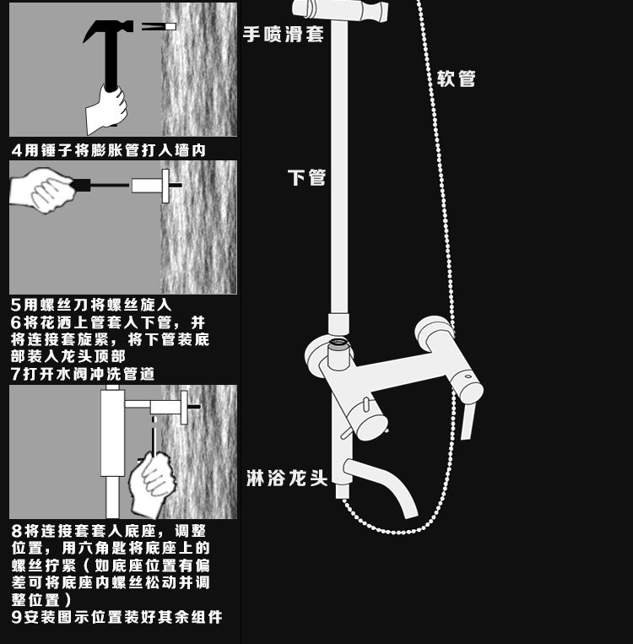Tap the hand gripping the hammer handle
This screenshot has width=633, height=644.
(108, 106)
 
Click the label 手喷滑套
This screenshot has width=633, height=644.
(283, 34)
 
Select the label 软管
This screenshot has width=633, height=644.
(457, 78)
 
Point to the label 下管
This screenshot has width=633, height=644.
(306, 177)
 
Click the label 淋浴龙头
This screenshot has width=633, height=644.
(286, 478)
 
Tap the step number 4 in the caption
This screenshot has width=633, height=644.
(16, 150)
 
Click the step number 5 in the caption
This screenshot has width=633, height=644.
(16, 305)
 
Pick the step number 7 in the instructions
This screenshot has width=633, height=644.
(16, 373)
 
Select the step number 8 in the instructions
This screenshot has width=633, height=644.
(16, 532)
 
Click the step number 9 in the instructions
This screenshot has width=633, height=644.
(16, 617)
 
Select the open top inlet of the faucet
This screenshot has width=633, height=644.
(338, 345)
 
